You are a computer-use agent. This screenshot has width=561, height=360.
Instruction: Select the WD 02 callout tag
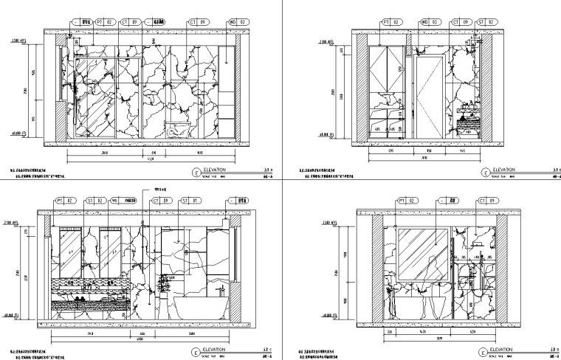231,22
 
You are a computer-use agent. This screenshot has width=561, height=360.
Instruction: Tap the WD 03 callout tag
430,22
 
